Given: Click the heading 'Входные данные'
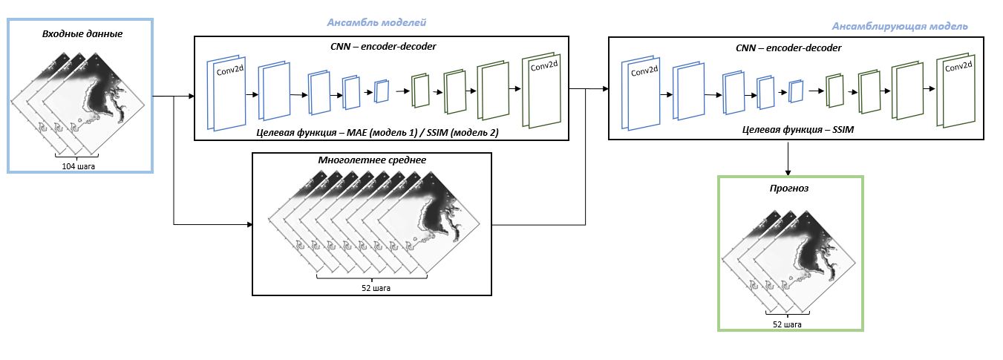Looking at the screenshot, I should click(x=82, y=34).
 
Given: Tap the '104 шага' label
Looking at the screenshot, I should click(x=78, y=166).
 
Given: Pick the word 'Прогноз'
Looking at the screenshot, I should click(x=788, y=189).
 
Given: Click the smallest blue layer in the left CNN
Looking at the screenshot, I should click(x=382, y=91).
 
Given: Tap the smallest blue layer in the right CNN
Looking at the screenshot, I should click(x=796, y=91).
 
